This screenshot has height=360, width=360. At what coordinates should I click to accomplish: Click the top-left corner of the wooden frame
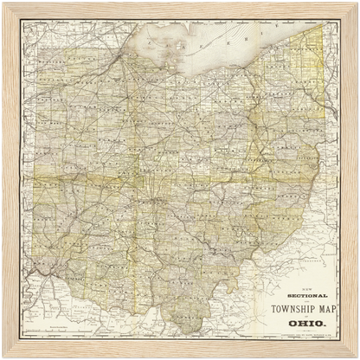tap(5, 5)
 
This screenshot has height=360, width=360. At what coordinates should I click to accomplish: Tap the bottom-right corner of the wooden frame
tap(355, 355)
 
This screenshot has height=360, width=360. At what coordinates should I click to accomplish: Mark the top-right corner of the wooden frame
tap(355, 5)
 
